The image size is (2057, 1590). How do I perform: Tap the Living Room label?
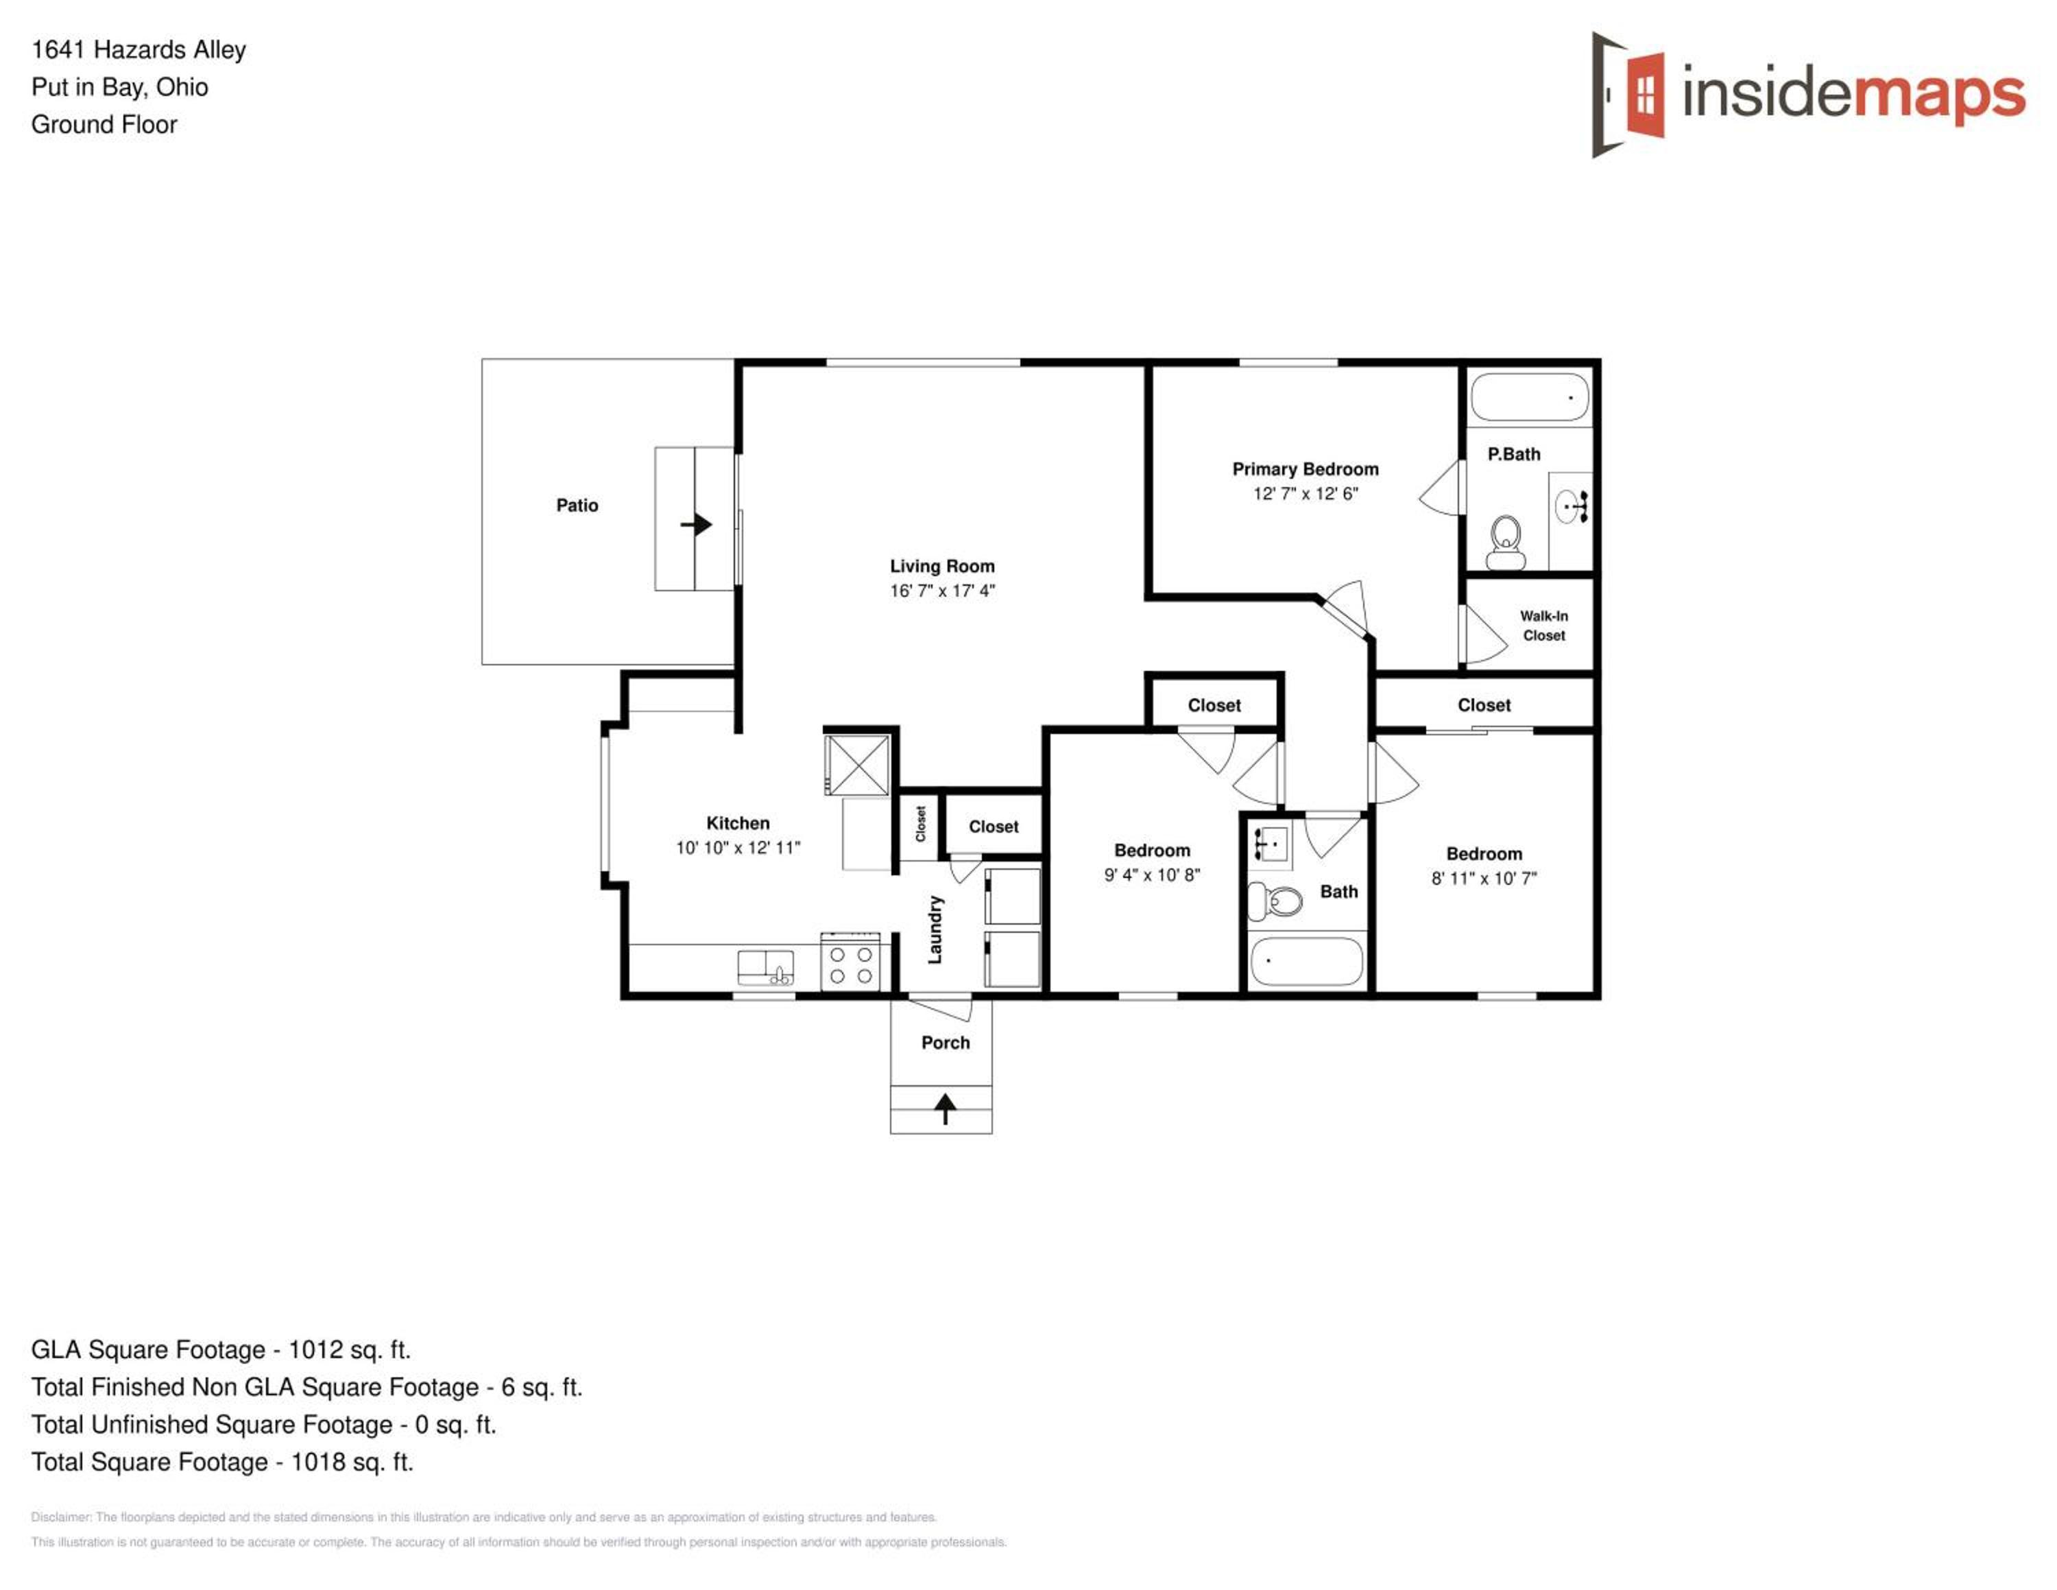(942, 566)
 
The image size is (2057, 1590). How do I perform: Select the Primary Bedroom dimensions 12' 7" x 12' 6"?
(1306, 494)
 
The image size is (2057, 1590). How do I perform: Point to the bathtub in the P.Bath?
(1530, 396)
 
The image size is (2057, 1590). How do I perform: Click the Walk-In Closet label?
(1543, 626)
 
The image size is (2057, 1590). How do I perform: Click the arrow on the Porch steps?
(945, 1108)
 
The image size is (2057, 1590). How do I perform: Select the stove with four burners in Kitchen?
(850, 962)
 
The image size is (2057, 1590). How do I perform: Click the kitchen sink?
(765, 967)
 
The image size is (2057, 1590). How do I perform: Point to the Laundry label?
(935, 929)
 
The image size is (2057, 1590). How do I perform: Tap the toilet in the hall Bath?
(1275, 901)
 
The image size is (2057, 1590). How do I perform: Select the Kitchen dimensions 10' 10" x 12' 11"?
(738, 848)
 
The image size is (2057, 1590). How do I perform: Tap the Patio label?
(577, 506)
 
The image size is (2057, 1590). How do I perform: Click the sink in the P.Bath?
(1571, 507)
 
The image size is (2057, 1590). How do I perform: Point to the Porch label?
(945, 1043)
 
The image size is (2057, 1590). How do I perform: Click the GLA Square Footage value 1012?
(315, 1350)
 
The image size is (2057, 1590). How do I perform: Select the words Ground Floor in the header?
(104, 124)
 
